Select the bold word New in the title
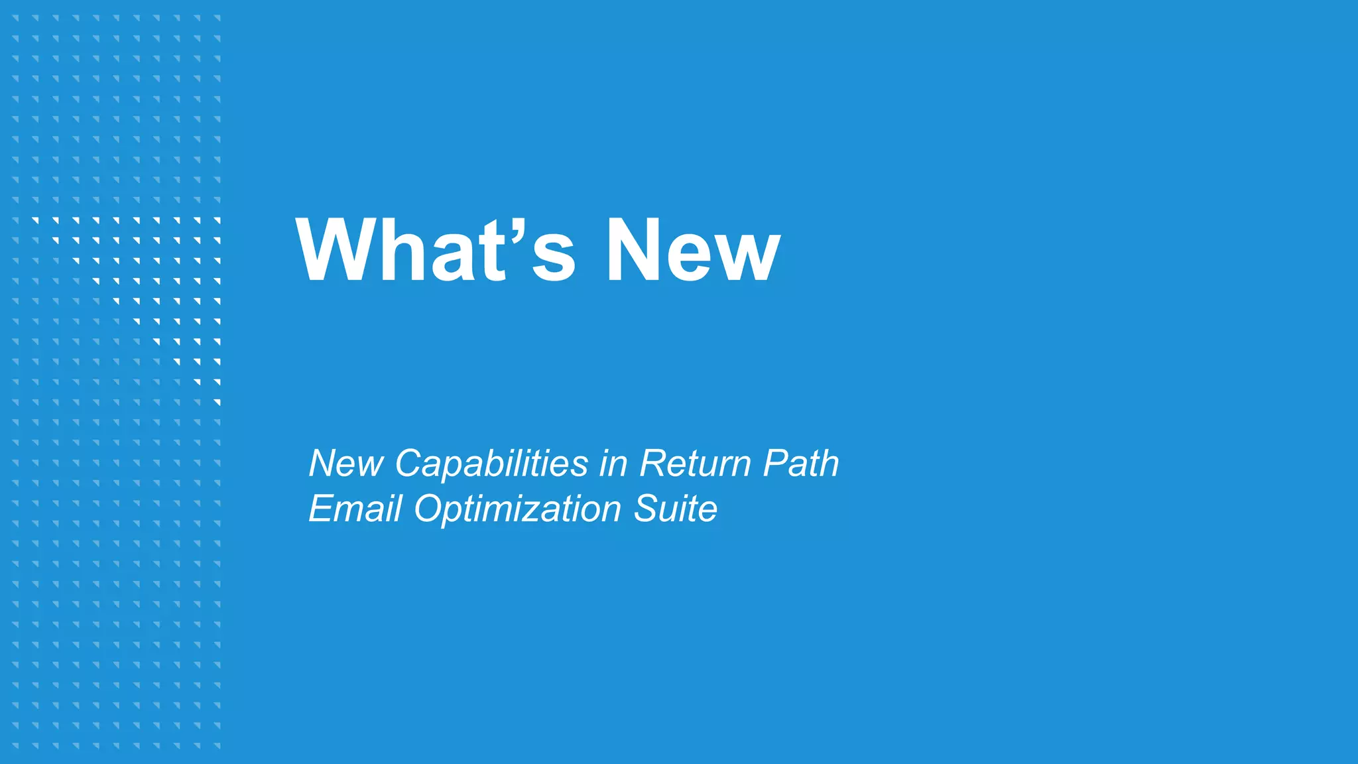(692, 250)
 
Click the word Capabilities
(491, 463)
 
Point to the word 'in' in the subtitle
(613, 463)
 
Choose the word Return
(696, 463)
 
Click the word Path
(801, 463)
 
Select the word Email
(355, 509)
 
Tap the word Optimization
(518, 509)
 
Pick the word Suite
(675, 509)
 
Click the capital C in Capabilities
(410, 463)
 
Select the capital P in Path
(776, 463)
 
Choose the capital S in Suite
(647, 509)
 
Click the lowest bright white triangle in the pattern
(217, 403)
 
